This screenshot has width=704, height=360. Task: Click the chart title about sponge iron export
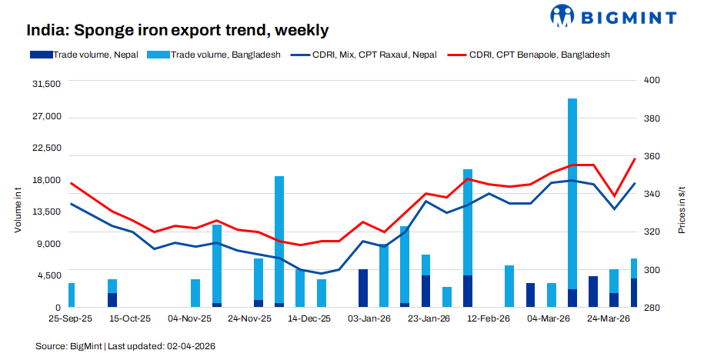click(x=178, y=31)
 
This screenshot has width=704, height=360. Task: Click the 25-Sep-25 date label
click(x=70, y=318)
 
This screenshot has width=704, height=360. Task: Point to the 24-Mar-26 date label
click(x=609, y=318)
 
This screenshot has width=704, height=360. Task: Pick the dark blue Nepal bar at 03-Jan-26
click(x=363, y=288)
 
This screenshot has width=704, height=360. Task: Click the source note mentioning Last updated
click(x=125, y=347)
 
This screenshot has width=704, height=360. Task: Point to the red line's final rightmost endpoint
click(x=635, y=158)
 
